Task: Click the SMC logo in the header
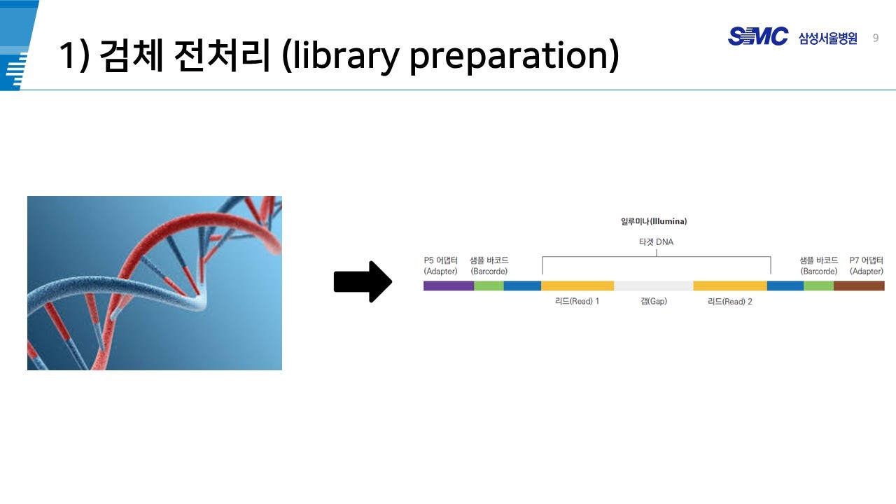pyautogui.click(x=758, y=36)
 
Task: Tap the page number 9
pyautogui.click(x=876, y=38)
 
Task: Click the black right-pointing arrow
pyautogui.click(x=363, y=281)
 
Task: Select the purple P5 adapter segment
pyautogui.click(x=449, y=286)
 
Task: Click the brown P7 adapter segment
pyautogui.click(x=859, y=286)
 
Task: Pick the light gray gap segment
pyautogui.click(x=654, y=286)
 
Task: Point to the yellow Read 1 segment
pyautogui.click(x=577, y=286)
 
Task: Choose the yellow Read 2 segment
pyautogui.click(x=730, y=286)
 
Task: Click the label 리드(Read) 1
pyautogui.click(x=577, y=301)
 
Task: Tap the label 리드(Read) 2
pyautogui.click(x=730, y=302)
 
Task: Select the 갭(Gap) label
pyautogui.click(x=654, y=301)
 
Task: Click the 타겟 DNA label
pyautogui.click(x=656, y=242)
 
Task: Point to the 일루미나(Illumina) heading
pyautogui.click(x=654, y=221)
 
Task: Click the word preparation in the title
pyautogui.click(x=514, y=56)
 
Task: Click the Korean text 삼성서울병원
pyautogui.click(x=828, y=38)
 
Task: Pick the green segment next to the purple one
pyautogui.click(x=489, y=286)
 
